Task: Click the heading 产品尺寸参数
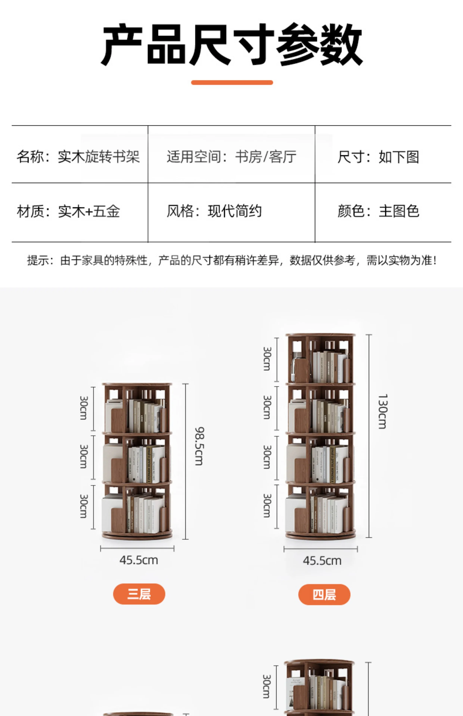tap(232, 44)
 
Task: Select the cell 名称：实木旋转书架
tap(78, 157)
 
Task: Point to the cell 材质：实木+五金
tap(69, 211)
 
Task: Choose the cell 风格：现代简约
tap(214, 211)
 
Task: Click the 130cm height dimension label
tap(382, 412)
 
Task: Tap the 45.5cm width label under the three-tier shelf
tap(139, 560)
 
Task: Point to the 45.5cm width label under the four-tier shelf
tap(322, 560)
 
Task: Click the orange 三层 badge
tap(139, 594)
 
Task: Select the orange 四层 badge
tap(324, 594)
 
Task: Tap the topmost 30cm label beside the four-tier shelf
tap(267, 359)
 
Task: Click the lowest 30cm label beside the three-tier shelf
tap(84, 506)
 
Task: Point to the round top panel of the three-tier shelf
tap(137, 384)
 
